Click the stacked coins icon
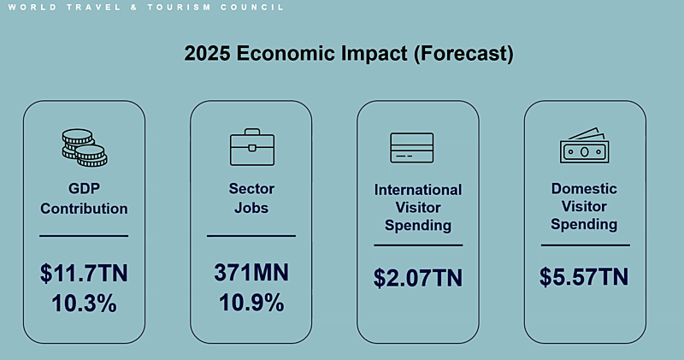tap(84, 147)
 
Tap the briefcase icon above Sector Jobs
tap(252, 147)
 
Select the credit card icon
tap(412, 148)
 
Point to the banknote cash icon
tap(585, 145)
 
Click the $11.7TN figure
tap(84, 274)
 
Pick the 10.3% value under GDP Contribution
tap(84, 304)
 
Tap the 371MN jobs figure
tap(251, 272)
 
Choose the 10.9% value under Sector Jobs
tap(251, 303)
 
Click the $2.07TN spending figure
tap(418, 278)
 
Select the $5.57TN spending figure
tap(584, 277)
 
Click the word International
tap(418, 190)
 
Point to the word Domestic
tap(584, 188)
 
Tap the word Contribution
tap(84, 209)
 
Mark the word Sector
tap(251, 188)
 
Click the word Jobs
tap(251, 208)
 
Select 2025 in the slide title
tap(207, 53)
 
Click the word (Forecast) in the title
tap(463, 54)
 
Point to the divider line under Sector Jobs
tap(251, 236)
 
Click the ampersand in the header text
tap(134, 8)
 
